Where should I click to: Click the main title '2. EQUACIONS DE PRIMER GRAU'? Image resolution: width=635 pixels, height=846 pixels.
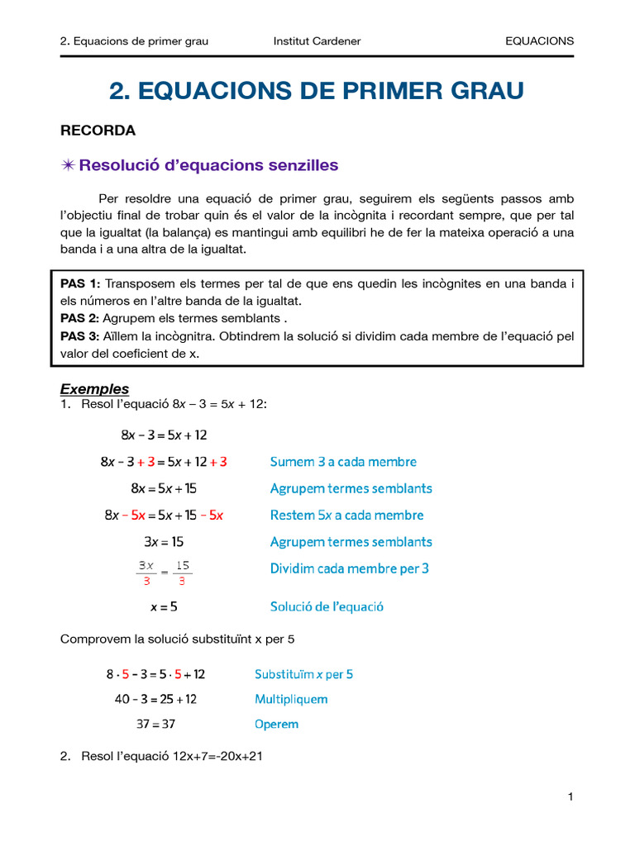coord(317,91)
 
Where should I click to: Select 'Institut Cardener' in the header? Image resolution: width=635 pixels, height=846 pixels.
coord(317,40)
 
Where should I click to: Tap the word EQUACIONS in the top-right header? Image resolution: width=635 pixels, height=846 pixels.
coord(539,40)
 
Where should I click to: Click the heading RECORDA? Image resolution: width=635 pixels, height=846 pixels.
coord(98,131)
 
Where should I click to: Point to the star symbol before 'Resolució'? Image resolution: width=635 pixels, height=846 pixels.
coord(68,165)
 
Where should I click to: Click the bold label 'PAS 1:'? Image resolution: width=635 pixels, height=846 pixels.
coord(80,283)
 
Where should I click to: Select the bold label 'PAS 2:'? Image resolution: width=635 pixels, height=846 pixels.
coord(80,318)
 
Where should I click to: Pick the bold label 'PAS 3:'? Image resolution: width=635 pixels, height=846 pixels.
coord(80,336)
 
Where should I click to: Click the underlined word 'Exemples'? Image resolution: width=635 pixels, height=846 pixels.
coord(95,389)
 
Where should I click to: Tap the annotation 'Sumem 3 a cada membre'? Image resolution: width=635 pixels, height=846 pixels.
coord(343,462)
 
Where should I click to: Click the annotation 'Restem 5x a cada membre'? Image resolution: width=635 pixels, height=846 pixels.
coord(346,516)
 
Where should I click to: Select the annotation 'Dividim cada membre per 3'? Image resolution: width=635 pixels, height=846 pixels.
coord(350,568)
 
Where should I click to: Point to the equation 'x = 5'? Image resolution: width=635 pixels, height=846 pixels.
coord(164,606)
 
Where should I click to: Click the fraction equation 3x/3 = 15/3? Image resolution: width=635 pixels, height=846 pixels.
coord(164,573)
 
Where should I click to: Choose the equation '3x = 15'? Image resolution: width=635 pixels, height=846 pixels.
coord(164,542)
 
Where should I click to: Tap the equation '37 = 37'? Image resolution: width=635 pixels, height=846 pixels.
coord(155,725)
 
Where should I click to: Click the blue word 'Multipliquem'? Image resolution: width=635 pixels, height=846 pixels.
coord(291,699)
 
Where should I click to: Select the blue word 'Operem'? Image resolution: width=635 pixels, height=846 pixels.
coord(276,725)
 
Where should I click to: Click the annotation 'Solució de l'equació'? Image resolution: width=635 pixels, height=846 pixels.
coord(327,606)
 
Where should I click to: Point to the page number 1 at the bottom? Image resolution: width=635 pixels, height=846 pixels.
coord(571,796)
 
